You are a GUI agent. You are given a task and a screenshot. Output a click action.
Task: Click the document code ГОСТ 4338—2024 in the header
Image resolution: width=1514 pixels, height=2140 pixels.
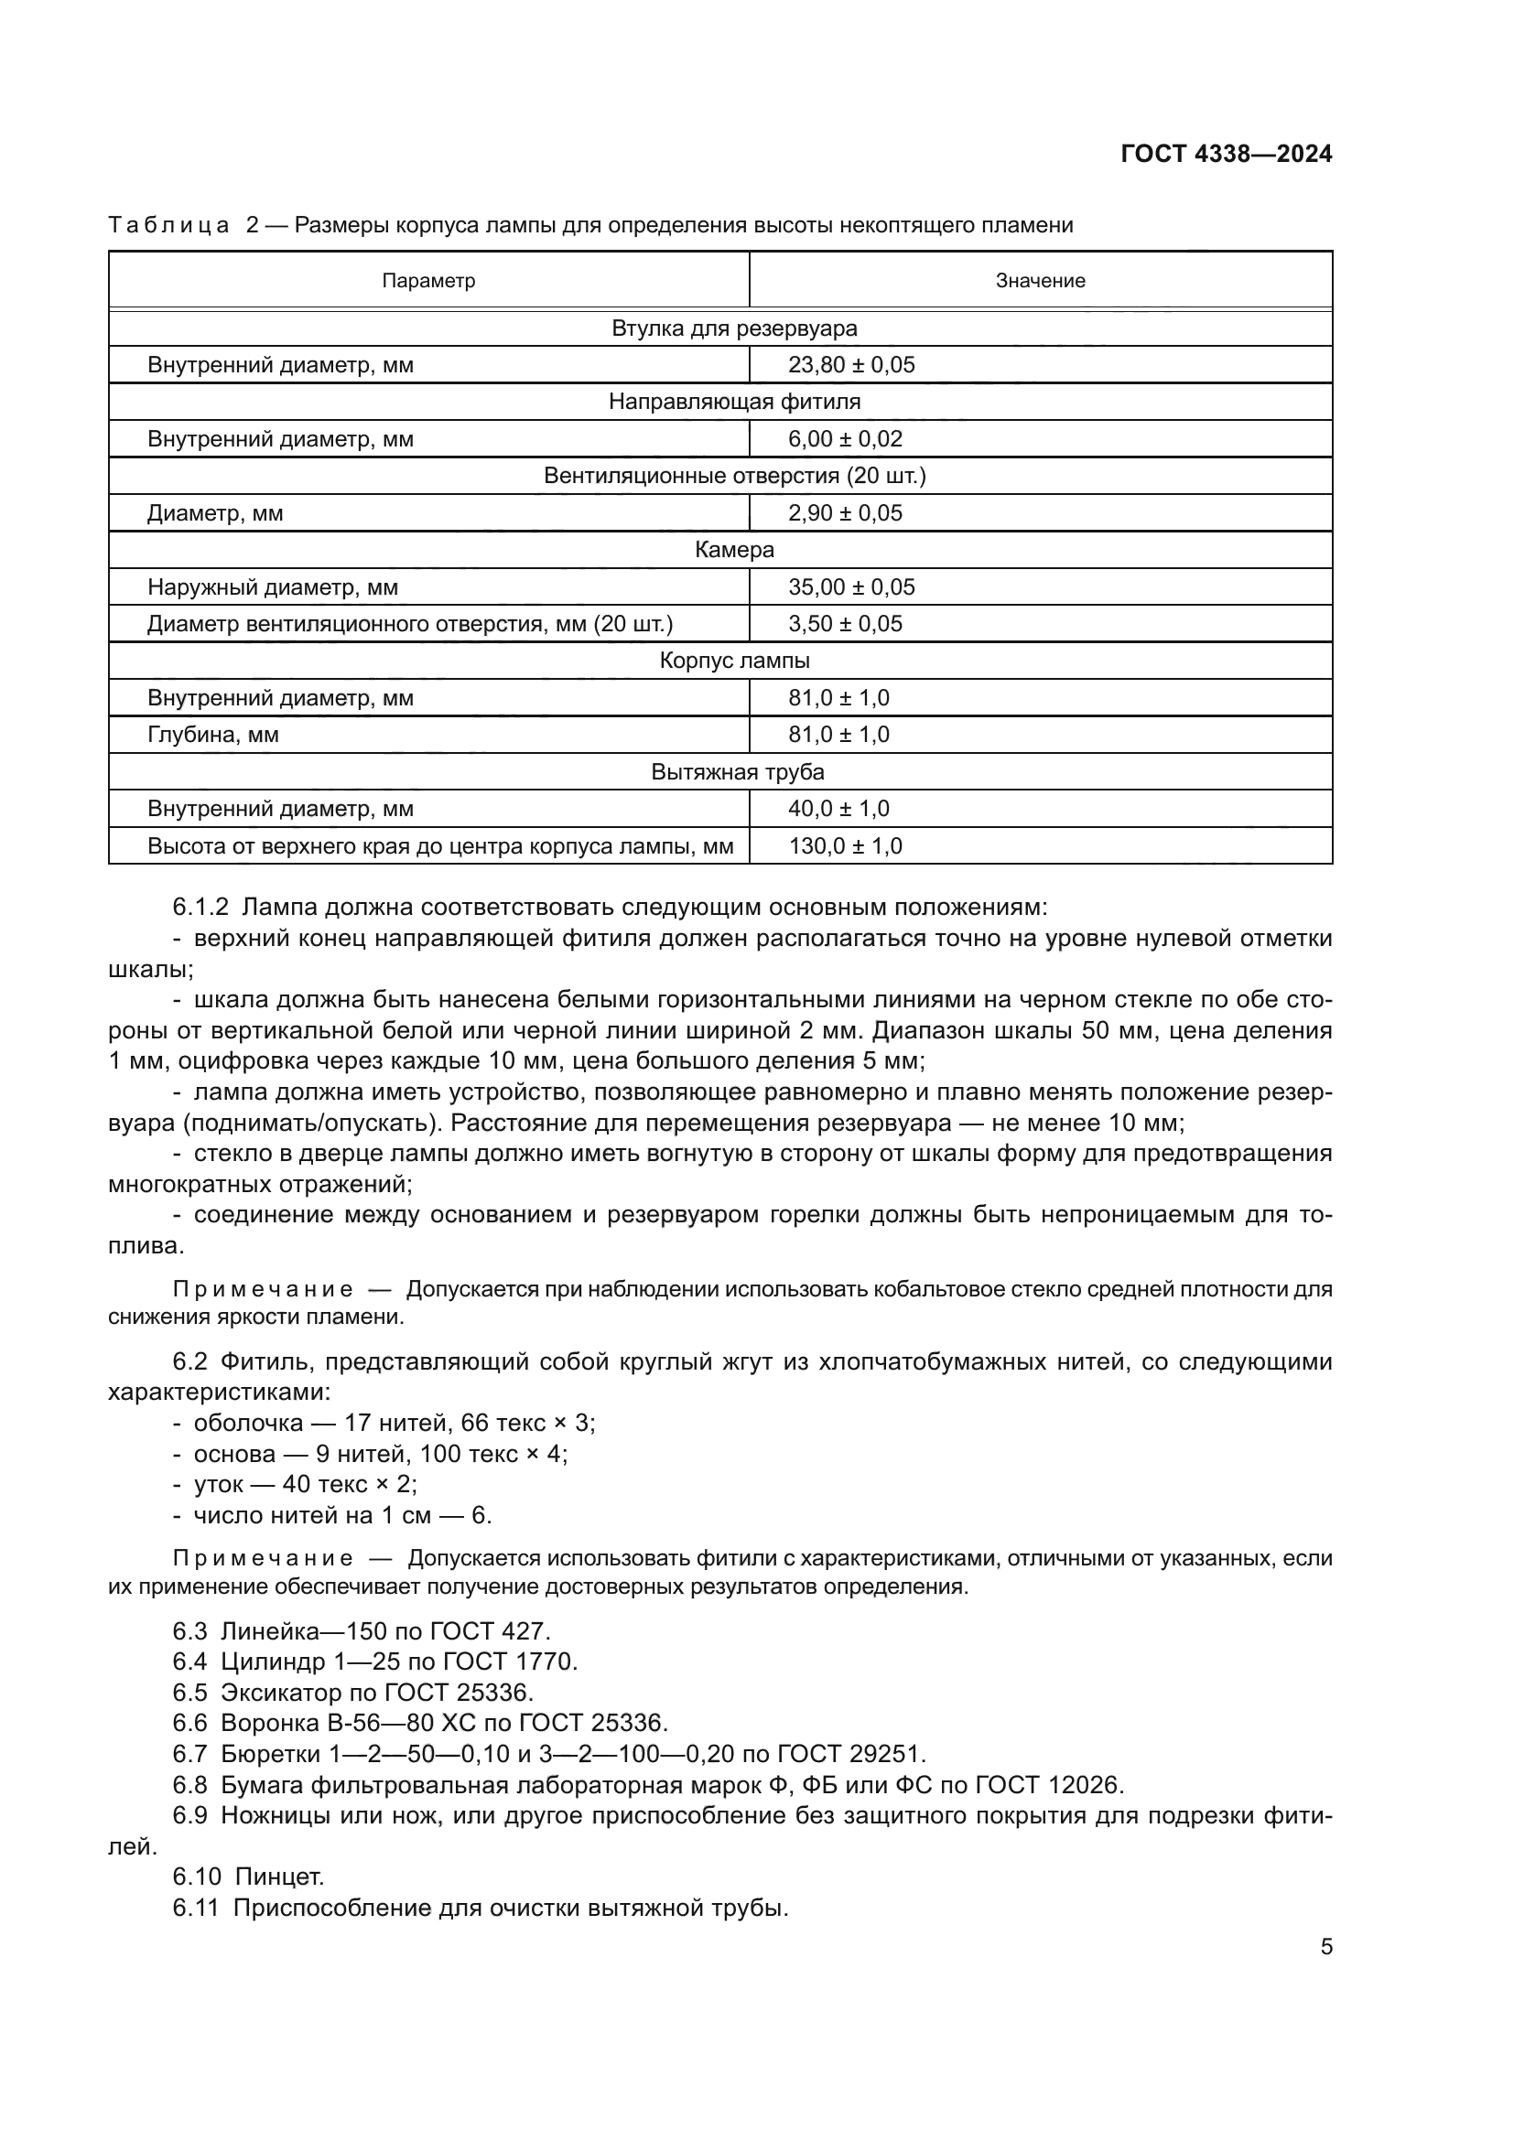1226,154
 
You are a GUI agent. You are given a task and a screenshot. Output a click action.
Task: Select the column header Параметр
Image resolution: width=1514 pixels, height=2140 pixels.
427,281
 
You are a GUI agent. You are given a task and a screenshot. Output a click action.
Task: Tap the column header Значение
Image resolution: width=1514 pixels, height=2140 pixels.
1040,281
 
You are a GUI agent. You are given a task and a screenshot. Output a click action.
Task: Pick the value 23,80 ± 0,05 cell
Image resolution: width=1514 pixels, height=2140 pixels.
851,364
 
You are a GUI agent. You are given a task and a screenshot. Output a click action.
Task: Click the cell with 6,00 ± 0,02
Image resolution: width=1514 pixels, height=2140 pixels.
845,439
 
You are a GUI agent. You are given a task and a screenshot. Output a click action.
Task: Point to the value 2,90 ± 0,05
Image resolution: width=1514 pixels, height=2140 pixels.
845,512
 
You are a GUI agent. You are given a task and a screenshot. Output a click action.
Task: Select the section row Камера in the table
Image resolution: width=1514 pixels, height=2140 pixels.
734,550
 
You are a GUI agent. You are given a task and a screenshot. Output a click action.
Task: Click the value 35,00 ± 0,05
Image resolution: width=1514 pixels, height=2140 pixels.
851,587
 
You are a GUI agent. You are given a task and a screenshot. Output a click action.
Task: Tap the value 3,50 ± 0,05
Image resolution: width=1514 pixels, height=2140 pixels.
845,624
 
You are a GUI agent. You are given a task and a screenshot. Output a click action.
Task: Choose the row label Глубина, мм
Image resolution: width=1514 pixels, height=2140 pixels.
212,735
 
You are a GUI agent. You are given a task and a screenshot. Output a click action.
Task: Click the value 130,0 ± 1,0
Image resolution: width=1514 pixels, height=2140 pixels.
845,846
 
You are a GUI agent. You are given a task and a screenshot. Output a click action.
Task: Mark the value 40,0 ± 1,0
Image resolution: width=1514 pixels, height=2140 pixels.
838,808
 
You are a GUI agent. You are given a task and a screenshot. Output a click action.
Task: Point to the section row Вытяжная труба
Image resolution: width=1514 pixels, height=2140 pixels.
737,772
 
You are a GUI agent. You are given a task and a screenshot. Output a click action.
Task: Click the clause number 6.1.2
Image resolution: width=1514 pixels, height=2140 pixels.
200,907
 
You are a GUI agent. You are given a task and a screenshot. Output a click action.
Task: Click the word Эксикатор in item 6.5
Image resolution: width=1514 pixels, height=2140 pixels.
278,1692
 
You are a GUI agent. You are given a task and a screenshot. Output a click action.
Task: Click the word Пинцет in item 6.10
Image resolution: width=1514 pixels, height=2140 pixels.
279,1877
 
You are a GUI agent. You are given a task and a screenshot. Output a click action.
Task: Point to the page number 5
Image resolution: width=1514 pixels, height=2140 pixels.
1325,1946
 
